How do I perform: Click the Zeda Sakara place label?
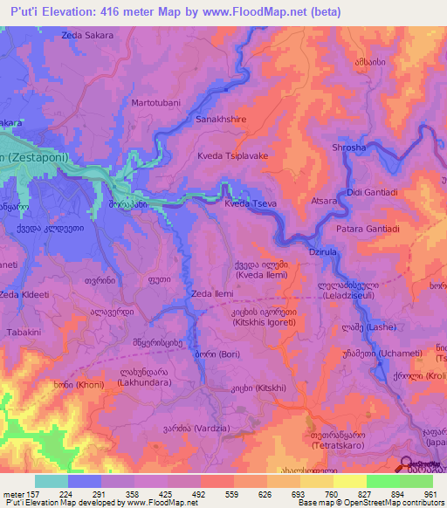(x=88, y=36)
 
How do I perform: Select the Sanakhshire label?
(x=221, y=120)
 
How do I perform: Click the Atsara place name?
(x=323, y=201)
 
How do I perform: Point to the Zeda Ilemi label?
(x=210, y=294)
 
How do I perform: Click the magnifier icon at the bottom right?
(x=407, y=466)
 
